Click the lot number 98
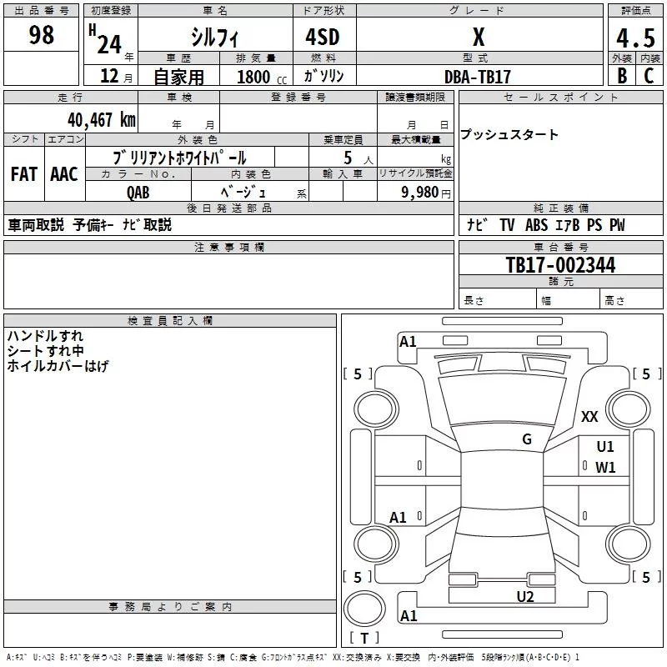pyautogui.click(x=41, y=35)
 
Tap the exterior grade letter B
pyautogui.click(x=621, y=76)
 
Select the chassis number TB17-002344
pyautogui.click(x=560, y=265)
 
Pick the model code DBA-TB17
pyautogui.click(x=477, y=77)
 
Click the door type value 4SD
pyautogui.click(x=322, y=37)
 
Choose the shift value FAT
pyautogui.click(x=23, y=174)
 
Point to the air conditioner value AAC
pyautogui.click(x=63, y=174)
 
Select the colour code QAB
pyautogui.click(x=138, y=192)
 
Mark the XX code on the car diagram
pyautogui.click(x=589, y=417)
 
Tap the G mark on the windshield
pyautogui.click(x=526, y=439)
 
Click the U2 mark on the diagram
pyautogui.click(x=524, y=596)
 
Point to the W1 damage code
pyautogui.click(x=605, y=467)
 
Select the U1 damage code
pyautogui.click(x=605, y=447)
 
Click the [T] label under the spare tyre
pyautogui.click(x=364, y=639)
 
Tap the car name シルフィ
pyautogui.click(x=214, y=37)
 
